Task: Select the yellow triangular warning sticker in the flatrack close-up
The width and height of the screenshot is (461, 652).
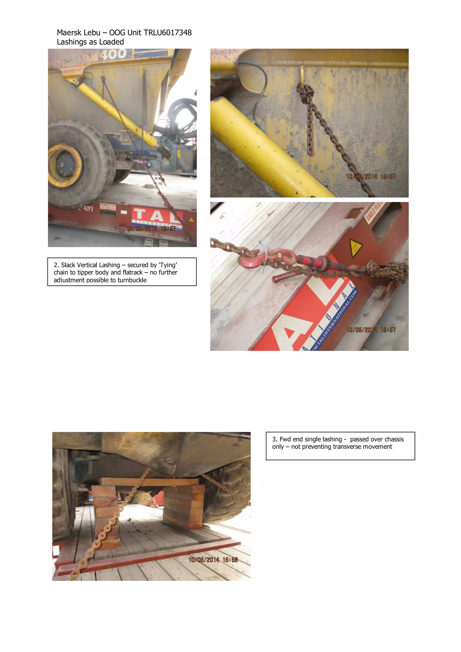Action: [x=355, y=247]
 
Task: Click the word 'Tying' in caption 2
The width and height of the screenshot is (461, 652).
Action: [x=167, y=265]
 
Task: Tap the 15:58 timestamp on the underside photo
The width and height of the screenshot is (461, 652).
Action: [x=230, y=560]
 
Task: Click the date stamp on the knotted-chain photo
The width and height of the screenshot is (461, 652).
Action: [x=362, y=177]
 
